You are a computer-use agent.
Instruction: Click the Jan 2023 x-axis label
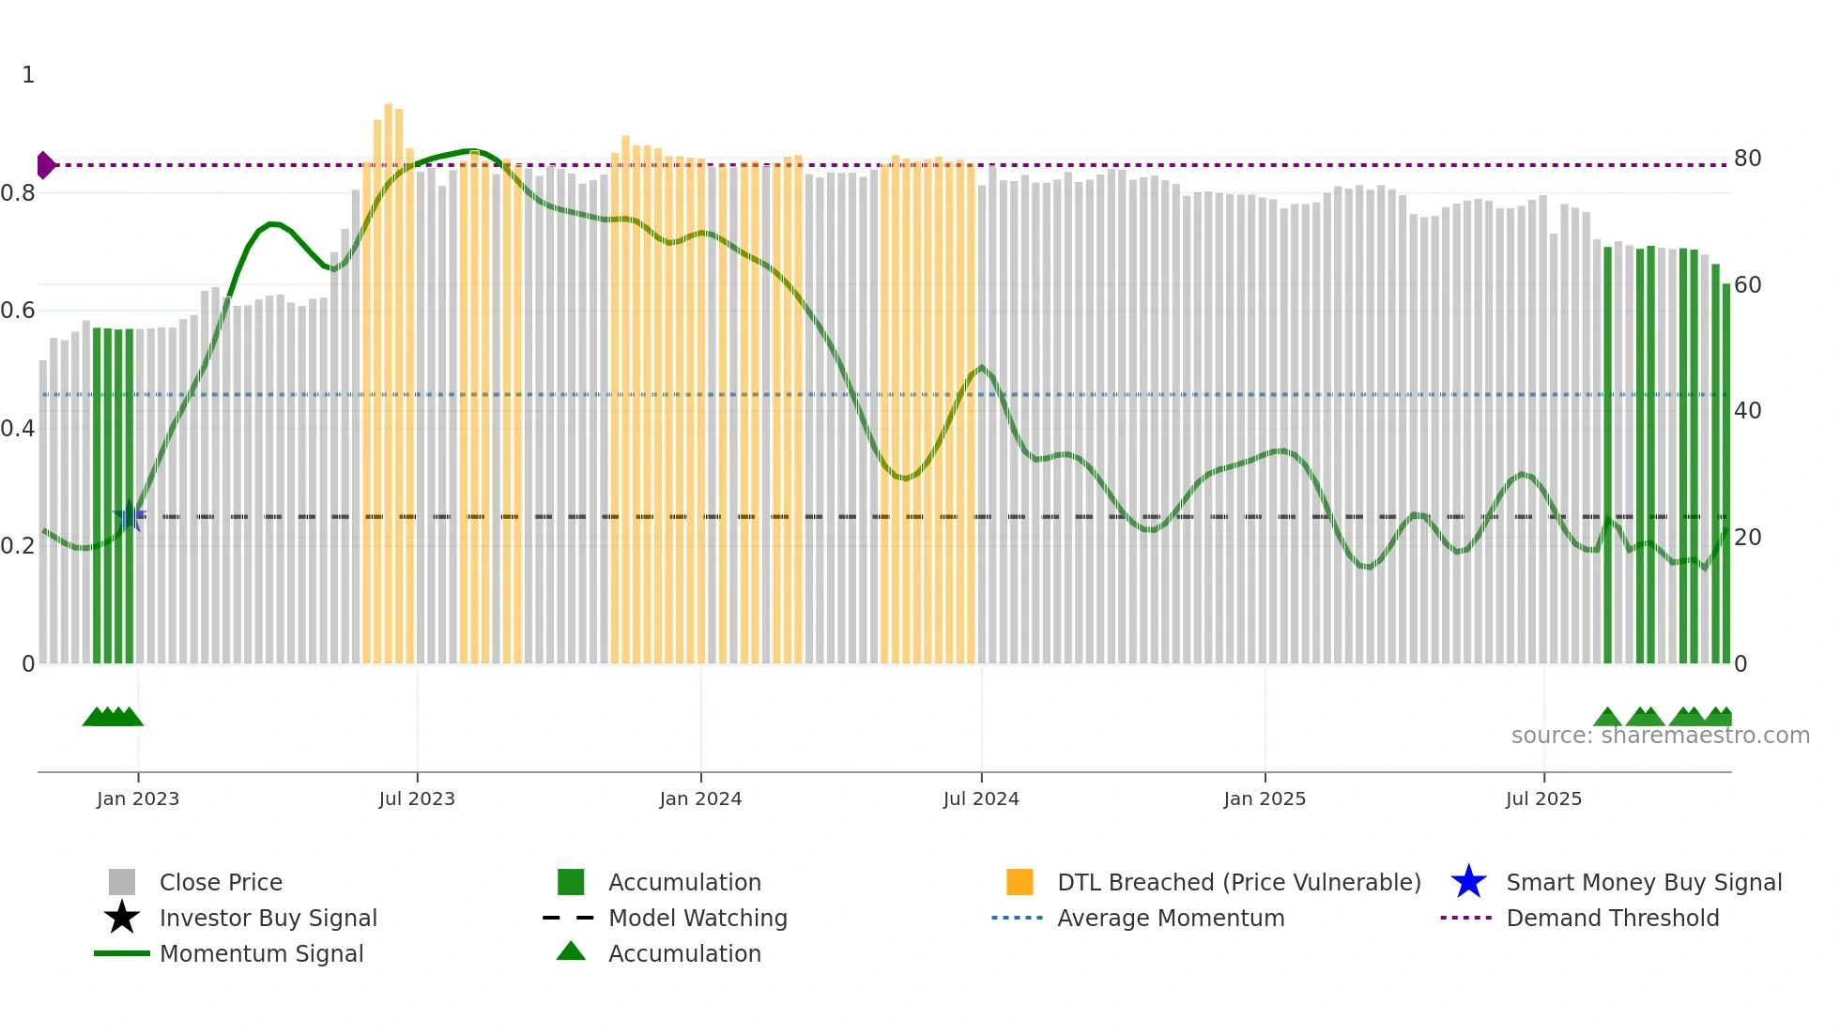[138, 798]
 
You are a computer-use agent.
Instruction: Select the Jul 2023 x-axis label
[417, 798]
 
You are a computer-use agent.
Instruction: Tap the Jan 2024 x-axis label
[700, 798]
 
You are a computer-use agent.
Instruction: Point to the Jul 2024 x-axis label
[981, 798]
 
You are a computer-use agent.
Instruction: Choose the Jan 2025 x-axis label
[1265, 798]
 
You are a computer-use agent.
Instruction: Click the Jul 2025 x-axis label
[1543, 798]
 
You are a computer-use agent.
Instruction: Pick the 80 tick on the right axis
[1747, 159]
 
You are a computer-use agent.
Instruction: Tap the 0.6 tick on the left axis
[18, 311]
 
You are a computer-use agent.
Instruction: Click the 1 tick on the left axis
[28, 75]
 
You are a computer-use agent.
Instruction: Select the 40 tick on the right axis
[1747, 411]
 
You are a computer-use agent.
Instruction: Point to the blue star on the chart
[129, 515]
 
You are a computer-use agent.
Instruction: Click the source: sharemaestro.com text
[1660, 736]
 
